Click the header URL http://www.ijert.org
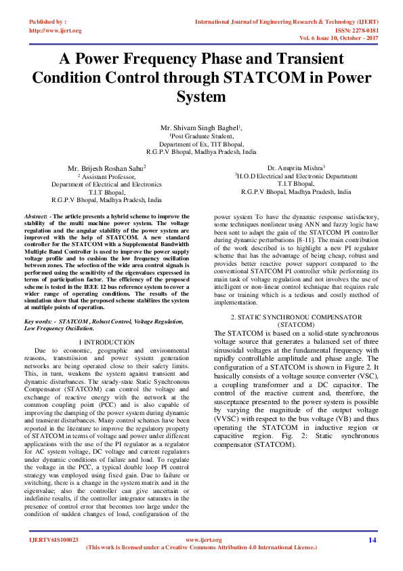[55, 31]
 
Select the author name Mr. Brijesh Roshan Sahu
[106, 167]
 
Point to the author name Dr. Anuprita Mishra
[295, 167]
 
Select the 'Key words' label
[40, 319]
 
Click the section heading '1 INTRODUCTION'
[106, 342]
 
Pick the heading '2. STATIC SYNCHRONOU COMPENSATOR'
[295, 317]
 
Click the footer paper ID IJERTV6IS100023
[54, 540]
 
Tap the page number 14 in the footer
[372, 540]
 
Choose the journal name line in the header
[287, 22]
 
